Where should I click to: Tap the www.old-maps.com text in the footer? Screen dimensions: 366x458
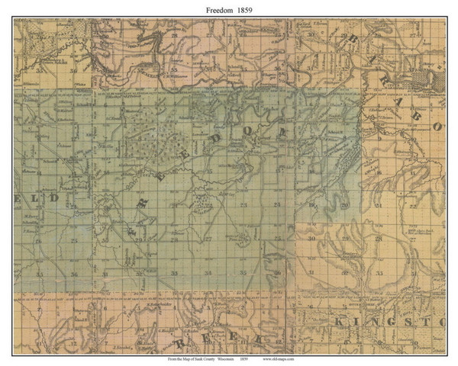(x=279, y=357)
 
